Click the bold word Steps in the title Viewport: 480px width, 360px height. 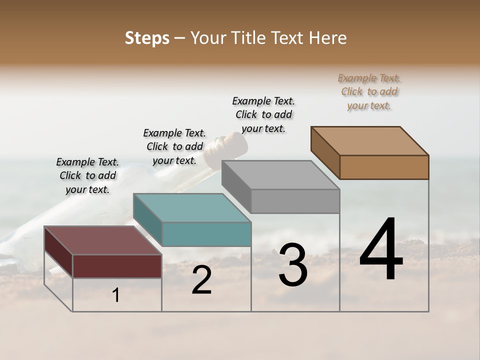click(147, 38)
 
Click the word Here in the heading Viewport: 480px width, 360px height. click(327, 38)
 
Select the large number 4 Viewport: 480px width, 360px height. click(381, 250)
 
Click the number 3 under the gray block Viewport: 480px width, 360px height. click(293, 265)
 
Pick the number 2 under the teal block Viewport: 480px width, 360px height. click(201, 280)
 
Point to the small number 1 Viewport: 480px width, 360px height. click(116, 295)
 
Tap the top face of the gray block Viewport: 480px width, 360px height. click(280, 175)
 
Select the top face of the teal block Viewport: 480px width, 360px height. click(192, 208)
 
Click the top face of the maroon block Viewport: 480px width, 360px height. click(103, 240)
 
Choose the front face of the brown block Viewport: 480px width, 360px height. click(384, 167)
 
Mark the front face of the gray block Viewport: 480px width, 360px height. click(295, 201)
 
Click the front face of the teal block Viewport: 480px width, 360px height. click(206, 234)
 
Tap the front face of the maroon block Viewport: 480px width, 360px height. click(117, 266)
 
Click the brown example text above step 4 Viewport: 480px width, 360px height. click(369, 92)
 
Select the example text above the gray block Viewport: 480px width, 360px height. click(263, 114)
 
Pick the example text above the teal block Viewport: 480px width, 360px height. click(174, 146)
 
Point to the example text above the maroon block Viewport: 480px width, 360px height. click(87, 175)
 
